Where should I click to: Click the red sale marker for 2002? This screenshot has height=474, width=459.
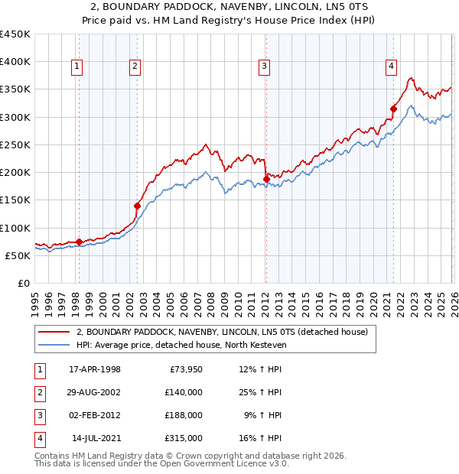pyautogui.click(x=138, y=206)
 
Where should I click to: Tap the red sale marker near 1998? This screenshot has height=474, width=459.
pyautogui.click(x=80, y=242)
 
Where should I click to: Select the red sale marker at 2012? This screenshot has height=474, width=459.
pyautogui.click(x=265, y=179)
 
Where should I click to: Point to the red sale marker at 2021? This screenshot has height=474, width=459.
pyautogui.click(x=393, y=109)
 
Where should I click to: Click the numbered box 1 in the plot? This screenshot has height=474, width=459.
pyautogui.click(x=78, y=67)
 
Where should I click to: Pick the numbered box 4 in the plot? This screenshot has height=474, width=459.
pyautogui.click(x=391, y=67)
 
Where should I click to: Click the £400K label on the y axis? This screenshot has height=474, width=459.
pyautogui.click(x=15, y=62)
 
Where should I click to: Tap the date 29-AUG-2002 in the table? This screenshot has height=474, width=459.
pyautogui.click(x=95, y=392)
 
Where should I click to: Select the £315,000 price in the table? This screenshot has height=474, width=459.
pyautogui.click(x=184, y=438)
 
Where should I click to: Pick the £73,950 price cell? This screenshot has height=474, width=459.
pyautogui.click(x=186, y=369)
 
